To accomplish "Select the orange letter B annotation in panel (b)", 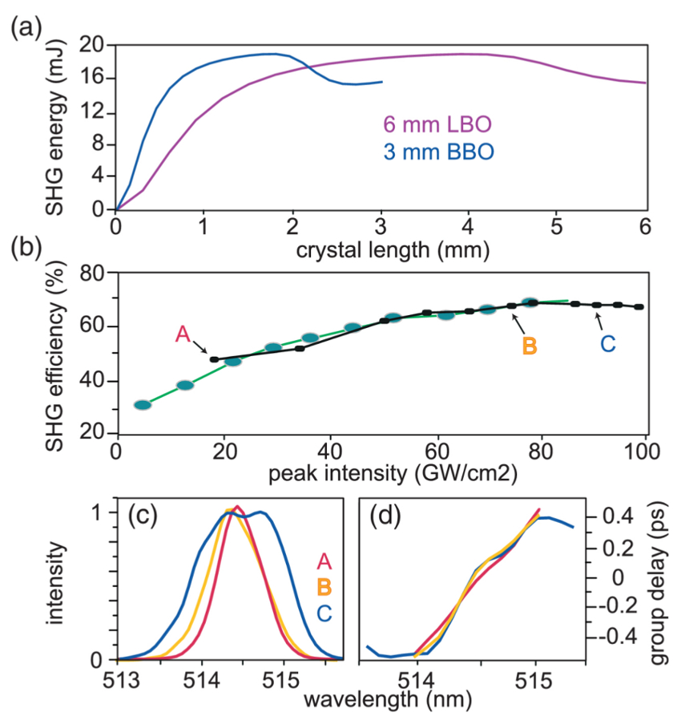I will (530, 346).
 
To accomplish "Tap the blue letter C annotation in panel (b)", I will (608, 345).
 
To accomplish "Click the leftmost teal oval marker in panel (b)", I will (143, 405).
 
